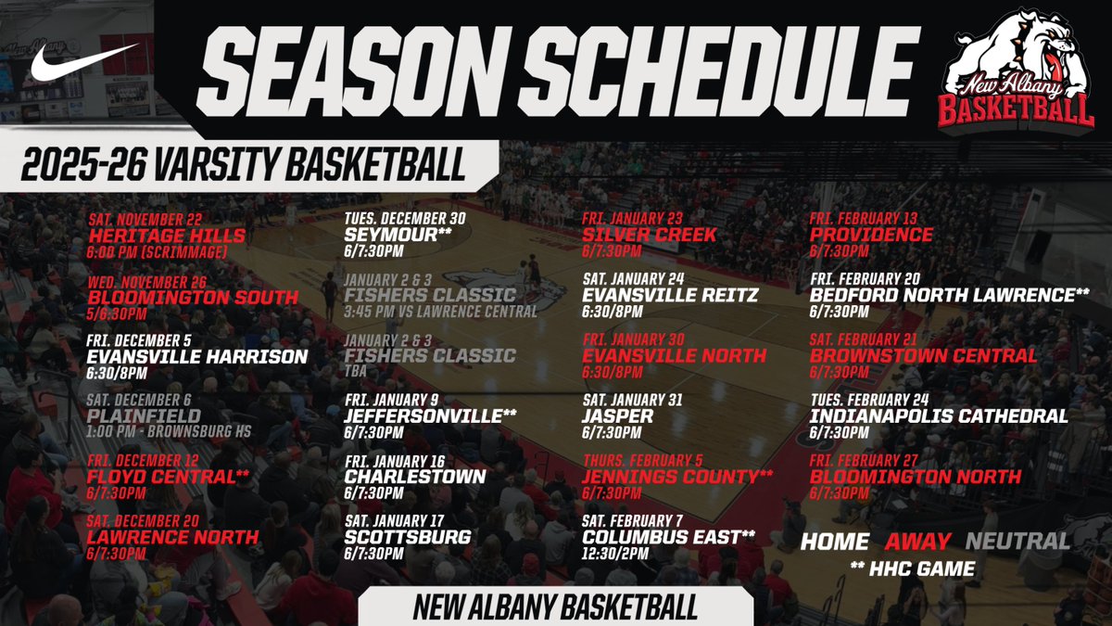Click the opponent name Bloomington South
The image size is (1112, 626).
coord(193,298)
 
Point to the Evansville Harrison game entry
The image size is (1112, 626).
coord(196,357)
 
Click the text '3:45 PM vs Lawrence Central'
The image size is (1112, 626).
coord(441,312)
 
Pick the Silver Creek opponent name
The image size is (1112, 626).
coord(649,236)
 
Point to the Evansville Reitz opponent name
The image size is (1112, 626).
coord(670,296)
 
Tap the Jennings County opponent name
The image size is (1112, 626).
coord(677,477)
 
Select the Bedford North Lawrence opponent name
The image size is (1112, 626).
coord(949,296)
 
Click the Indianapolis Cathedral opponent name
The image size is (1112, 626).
coord(939,416)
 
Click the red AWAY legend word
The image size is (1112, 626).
coord(917,542)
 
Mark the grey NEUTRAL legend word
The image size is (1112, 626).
coord(1017,542)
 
